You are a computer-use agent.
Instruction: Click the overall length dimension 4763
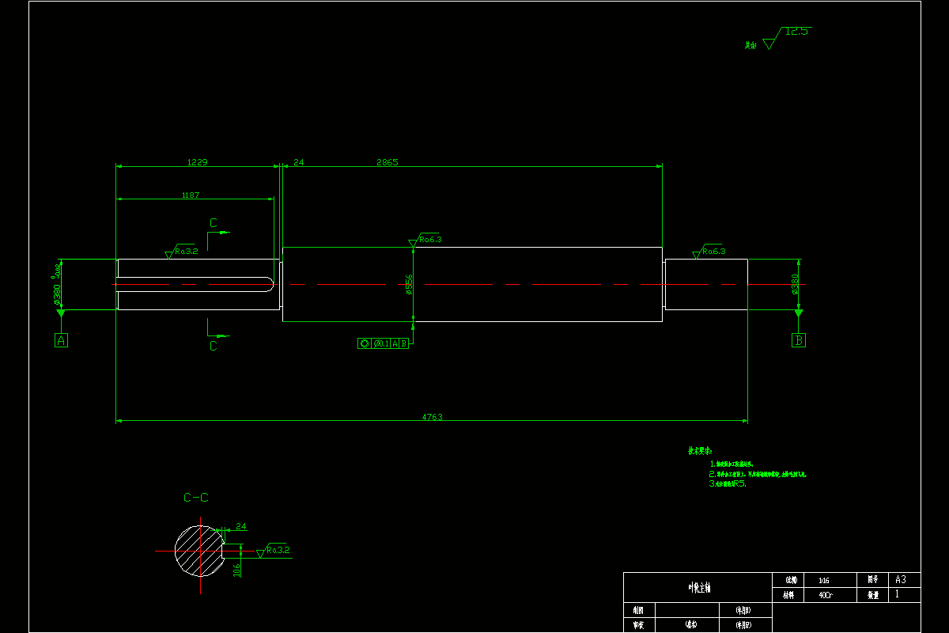(432, 417)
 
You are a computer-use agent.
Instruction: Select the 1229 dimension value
(197, 162)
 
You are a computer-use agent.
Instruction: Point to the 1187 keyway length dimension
(191, 195)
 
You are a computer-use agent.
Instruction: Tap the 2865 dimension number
(388, 162)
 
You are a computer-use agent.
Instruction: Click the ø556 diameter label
(409, 285)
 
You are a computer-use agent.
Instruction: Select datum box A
(61, 340)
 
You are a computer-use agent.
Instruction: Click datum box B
(799, 340)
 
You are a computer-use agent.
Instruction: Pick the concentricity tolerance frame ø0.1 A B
(384, 343)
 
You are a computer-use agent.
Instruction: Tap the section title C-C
(196, 498)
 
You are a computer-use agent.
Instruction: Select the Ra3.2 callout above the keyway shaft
(186, 251)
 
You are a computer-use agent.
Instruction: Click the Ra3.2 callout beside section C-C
(278, 549)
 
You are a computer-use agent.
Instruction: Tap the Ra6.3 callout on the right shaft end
(713, 251)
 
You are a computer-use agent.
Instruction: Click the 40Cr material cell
(825, 594)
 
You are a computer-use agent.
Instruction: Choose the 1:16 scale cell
(825, 579)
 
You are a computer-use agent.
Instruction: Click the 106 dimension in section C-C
(237, 570)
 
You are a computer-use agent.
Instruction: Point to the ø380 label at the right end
(795, 285)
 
